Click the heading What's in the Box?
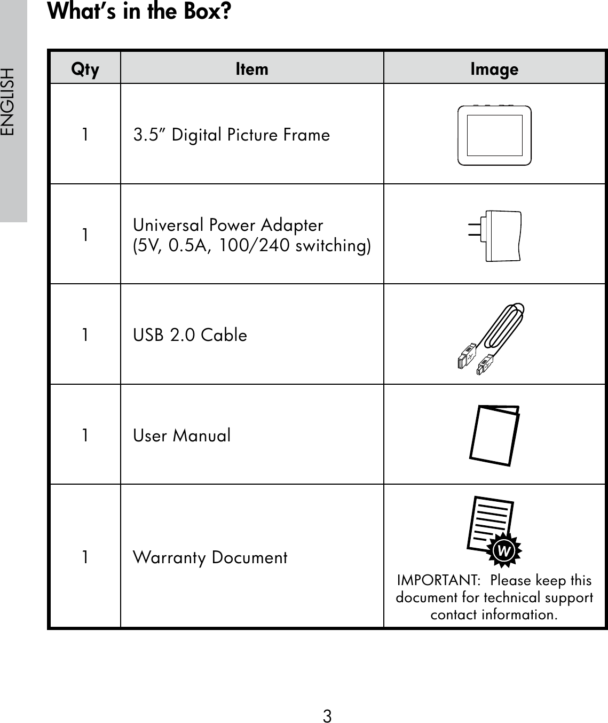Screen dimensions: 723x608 coord(140,12)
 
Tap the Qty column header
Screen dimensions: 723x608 coord(85,69)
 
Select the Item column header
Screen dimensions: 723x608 coord(252,69)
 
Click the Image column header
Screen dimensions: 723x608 coord(494,69)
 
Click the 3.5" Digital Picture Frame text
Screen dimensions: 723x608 coord(232,135)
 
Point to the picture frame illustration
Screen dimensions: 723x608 coord(494,135)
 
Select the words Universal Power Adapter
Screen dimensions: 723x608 coord(228,224)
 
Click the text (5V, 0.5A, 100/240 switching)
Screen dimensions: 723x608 coord(252,245)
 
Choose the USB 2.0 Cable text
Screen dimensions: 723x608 coord(190,335)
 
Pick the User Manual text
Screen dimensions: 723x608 coord(182,436)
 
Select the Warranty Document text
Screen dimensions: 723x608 coord(210,557)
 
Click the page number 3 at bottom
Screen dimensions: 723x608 coord(327,716)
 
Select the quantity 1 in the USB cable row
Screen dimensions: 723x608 coord(85,335)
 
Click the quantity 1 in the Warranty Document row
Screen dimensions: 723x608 coord(85,557)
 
